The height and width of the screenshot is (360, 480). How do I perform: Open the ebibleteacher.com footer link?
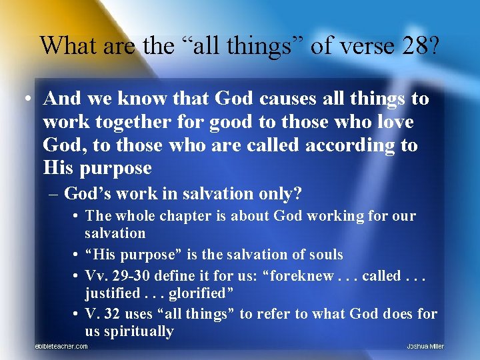[61, 347]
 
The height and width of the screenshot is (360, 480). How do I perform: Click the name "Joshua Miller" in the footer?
[425, 347]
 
